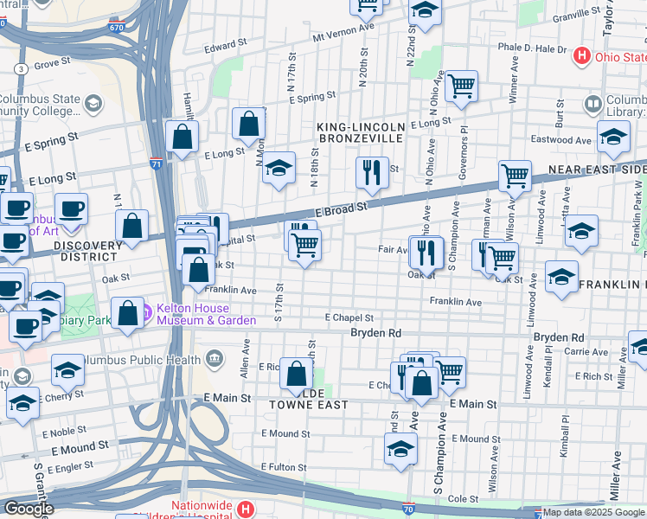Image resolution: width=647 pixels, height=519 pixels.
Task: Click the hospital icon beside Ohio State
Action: pyautogui.click(x=582, y=56)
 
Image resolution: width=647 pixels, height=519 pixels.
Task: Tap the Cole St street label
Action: pyautogui.click(x=463, y=499)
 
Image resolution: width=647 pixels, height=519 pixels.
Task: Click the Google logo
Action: pyautogui.click(x=29, y=509)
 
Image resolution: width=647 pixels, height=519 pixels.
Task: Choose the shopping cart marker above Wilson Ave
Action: pyautogui.click(x=515, y=176)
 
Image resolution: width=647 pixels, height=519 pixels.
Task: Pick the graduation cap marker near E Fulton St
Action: pyautogui.click(x=400, y=450)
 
